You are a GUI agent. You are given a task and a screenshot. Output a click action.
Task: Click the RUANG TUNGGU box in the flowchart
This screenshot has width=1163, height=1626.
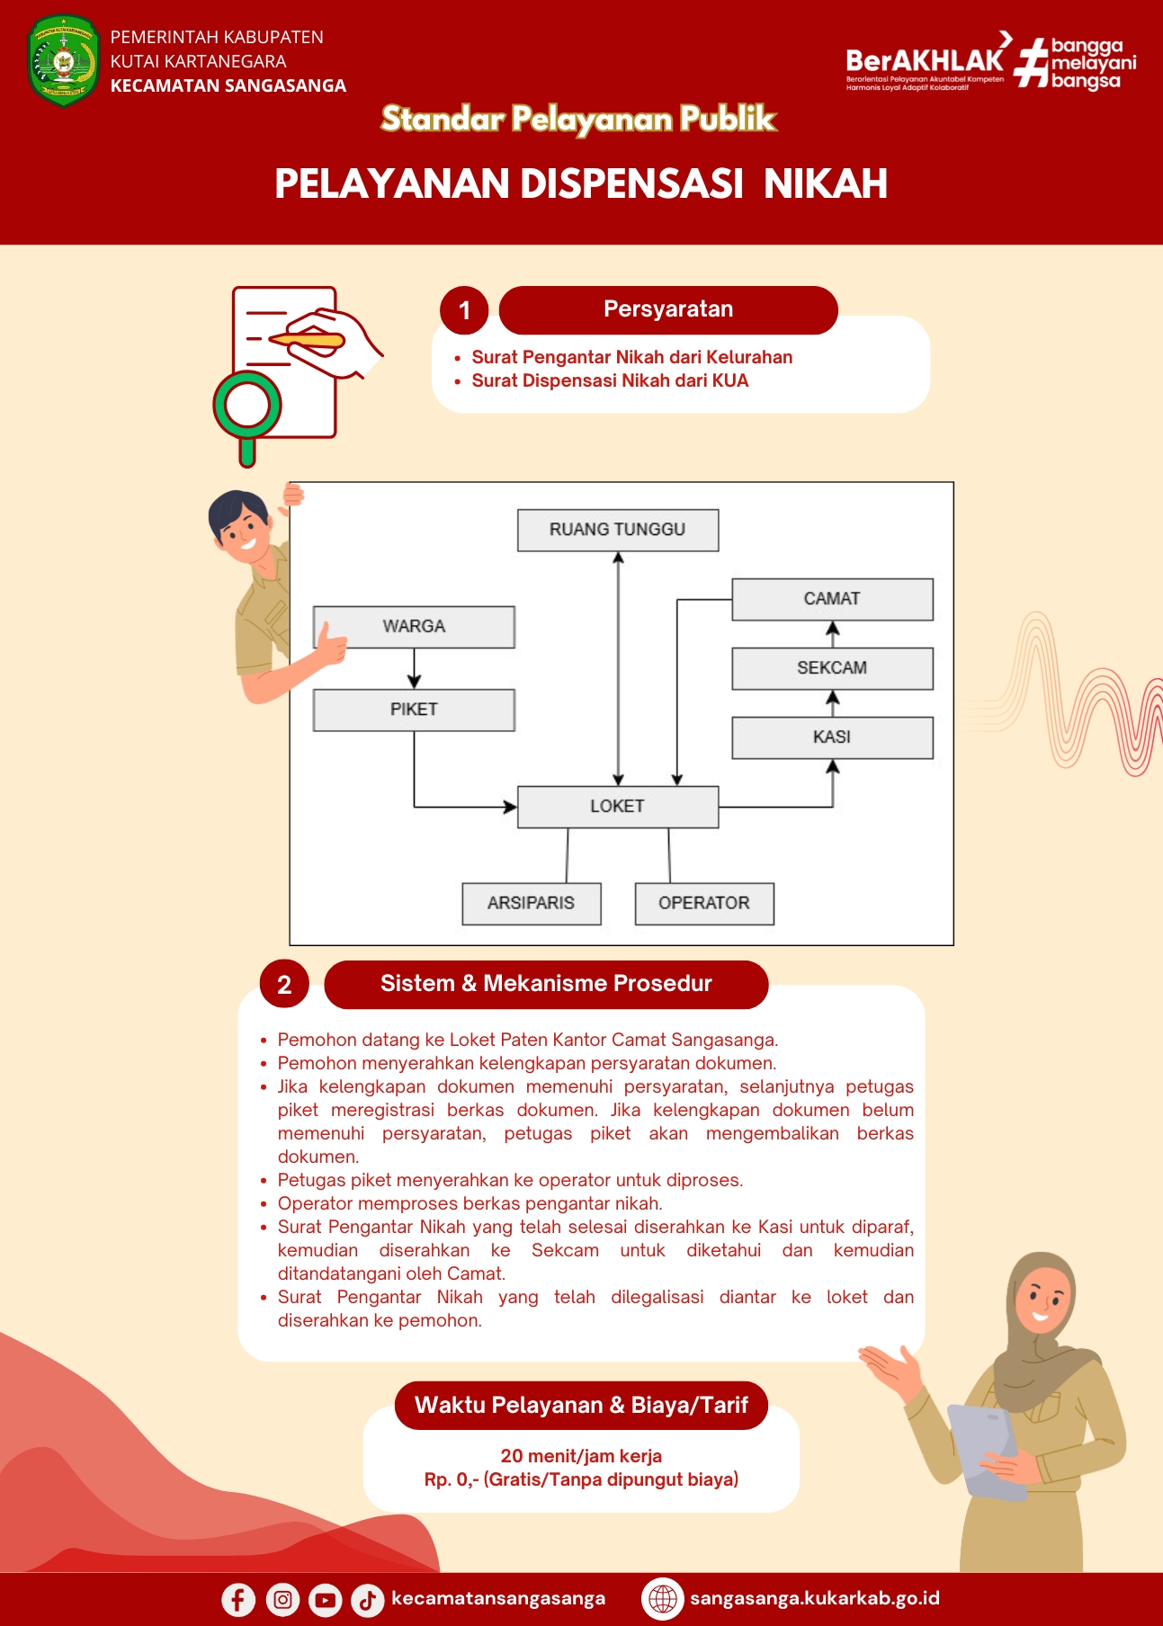pyautogui.click(x=618, y=530)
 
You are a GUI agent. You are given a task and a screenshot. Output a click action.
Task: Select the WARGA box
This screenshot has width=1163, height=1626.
pyautogui.click(x=414, y=626)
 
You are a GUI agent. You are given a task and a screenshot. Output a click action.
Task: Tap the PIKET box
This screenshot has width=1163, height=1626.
pyautogui.click(x=414, y=710)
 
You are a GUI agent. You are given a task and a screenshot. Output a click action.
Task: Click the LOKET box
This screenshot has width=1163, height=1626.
pyautogui.click(x=618, y=807)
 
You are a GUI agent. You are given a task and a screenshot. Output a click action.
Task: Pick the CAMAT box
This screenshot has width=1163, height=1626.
pyautogui.click(x=832, y=599)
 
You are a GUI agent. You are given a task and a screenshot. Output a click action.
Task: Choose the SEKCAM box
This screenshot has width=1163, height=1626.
pyautogui.click(x=832, y=668)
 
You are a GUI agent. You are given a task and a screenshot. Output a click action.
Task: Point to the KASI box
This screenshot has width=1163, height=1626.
pyautogui.click(x=832, y=737)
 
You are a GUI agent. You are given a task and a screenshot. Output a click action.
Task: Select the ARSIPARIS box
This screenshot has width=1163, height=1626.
pyautogui.click(x=532, y=903)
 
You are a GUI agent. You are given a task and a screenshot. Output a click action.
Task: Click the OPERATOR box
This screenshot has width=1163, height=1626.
pyautogui.click(x=704, y=903)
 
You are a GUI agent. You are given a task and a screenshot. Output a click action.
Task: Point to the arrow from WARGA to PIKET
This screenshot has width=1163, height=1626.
pyautogui.click(x=414, y=668)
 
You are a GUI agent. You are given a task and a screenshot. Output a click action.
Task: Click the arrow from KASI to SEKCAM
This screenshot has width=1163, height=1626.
pyautogui.click(x=833, y=703)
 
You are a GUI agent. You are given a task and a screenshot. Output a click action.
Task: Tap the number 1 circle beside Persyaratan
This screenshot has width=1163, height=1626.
pyautogui.click(x=464, y=310)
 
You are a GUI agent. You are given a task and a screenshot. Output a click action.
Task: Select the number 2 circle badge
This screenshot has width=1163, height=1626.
pyautogui.click(x=284, y=985)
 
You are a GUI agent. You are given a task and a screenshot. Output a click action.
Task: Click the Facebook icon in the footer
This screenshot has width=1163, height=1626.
pyautogui.click(x=238, y=1600)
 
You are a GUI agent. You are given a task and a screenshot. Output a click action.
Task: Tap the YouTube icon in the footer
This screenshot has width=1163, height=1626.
pyautogui.click(x=325, y=1600)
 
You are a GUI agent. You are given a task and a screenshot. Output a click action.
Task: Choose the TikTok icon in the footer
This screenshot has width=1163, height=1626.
pyautogui.click(x=367, y=1600)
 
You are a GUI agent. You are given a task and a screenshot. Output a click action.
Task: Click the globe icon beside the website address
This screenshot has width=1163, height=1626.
pyautogui.click(x=663, y=1599)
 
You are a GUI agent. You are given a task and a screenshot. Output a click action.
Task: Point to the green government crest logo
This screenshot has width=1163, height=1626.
pyautogui.click(x=63, y=61)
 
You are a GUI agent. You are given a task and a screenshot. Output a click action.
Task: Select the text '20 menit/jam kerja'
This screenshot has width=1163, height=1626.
pyautogui.click(x=581, y=1456)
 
